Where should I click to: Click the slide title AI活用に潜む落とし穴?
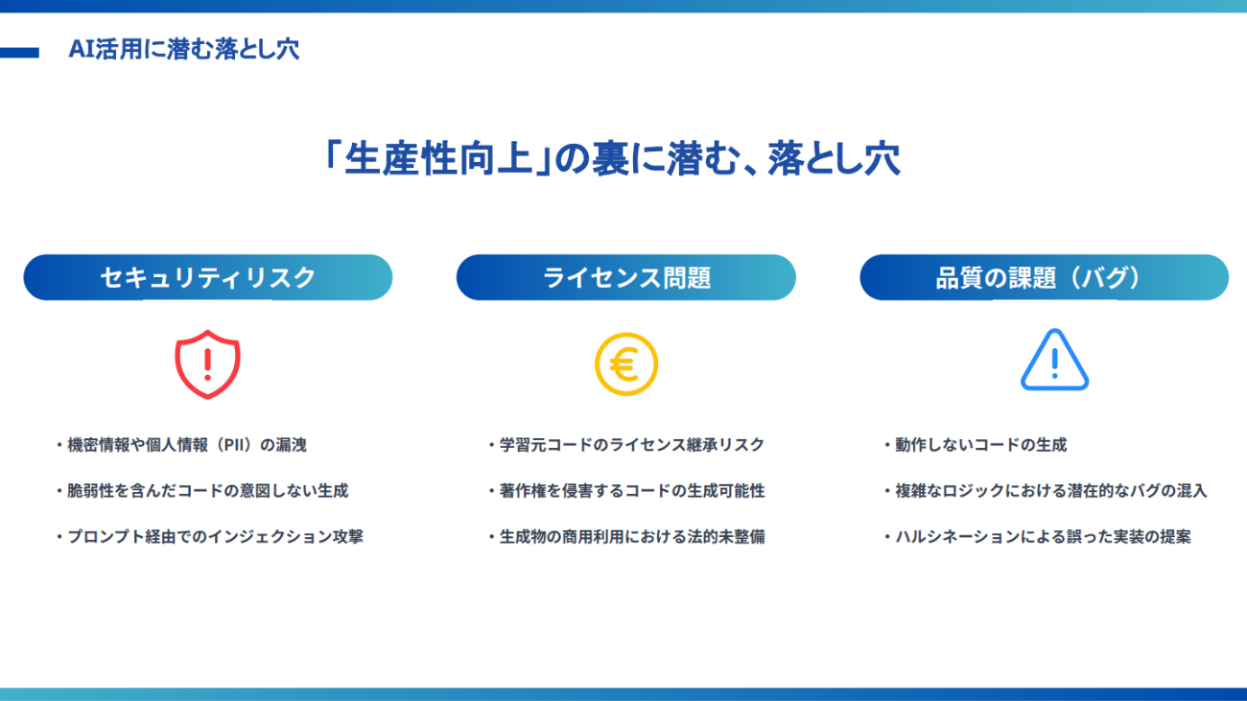pos(184,49)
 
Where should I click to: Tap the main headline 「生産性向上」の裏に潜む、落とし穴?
pos(612,159)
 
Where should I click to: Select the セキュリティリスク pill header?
pos(207,277)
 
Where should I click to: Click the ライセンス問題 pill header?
pos(625,277)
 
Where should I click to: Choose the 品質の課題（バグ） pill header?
pos(1044,277)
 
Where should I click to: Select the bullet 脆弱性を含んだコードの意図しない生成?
pos(202,491)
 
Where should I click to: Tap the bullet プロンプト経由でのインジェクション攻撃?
pos(210,537)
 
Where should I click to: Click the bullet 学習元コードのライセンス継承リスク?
pos(626,445)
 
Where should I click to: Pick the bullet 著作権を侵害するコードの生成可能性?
pos(626,491)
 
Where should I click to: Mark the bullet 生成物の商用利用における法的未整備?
pos(626,537)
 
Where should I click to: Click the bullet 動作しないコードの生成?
pos(976,445)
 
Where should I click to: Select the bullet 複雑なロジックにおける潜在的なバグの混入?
pos(1046,491)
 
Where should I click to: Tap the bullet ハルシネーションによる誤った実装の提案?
pos(1038,537)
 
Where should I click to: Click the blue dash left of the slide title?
pos(19,53)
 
